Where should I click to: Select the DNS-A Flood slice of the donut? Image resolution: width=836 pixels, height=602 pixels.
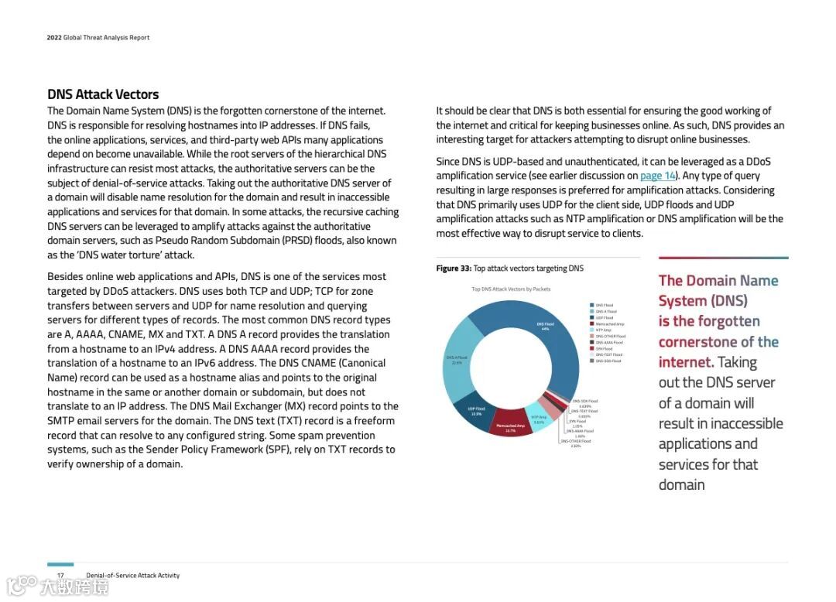(457, 361)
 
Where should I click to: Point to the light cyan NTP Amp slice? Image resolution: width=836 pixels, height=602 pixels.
(539, 419)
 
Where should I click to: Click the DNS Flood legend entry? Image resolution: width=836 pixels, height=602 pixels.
(603, 306)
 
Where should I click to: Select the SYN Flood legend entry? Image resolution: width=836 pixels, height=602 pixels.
(604, 349)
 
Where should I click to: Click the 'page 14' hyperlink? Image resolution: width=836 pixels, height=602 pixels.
(657, 176)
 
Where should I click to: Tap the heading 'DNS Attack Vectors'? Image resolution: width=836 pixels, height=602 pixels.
(103, 94)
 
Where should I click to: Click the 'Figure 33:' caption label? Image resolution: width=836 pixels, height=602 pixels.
(454, 269)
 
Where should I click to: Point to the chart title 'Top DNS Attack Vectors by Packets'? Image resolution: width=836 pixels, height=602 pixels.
(511, 289)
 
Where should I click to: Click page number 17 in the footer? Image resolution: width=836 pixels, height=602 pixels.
(60, 576)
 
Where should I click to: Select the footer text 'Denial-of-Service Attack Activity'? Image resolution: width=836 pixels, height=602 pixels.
(132, 576)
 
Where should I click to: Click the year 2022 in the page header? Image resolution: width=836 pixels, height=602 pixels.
(54, 38)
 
